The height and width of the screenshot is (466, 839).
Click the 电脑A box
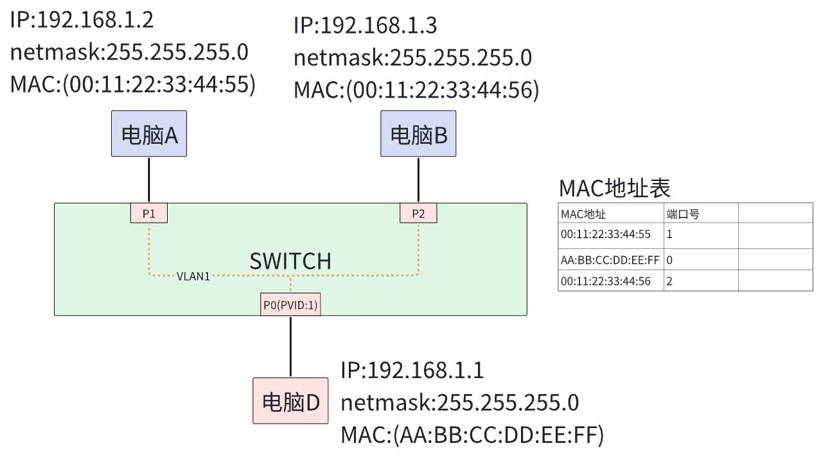click(149, 134)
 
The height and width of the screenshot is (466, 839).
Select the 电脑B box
click(418, 134)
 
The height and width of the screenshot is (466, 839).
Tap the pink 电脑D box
click(290, 401)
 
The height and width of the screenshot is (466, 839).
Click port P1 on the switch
click(149, 214)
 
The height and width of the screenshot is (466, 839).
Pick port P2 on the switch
click(418, 214)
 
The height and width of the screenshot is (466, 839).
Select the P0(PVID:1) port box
click(290, 306)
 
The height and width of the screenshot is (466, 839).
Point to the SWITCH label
click(290, 261)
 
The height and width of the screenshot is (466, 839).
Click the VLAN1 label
click(193, 277)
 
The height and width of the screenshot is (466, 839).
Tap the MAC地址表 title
click(615, 188)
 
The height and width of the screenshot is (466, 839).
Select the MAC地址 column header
click(583, 214)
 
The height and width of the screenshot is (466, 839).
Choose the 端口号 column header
click(683, 214)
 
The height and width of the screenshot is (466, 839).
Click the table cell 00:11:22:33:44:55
click(606, 234)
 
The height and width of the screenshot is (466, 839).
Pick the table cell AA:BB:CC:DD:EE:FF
click(610, 260)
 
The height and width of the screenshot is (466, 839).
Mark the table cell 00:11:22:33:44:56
click(606, 280)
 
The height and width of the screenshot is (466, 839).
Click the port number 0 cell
click(670, 260)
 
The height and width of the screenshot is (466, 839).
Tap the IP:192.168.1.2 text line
click(82, 20)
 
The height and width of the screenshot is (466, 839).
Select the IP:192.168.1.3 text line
click(365, 25)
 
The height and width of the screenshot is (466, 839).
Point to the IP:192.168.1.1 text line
click(412, 370)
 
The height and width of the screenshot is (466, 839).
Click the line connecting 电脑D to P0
click(290, 347)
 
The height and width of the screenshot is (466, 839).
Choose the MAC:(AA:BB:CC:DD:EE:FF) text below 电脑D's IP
click(472, 435)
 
